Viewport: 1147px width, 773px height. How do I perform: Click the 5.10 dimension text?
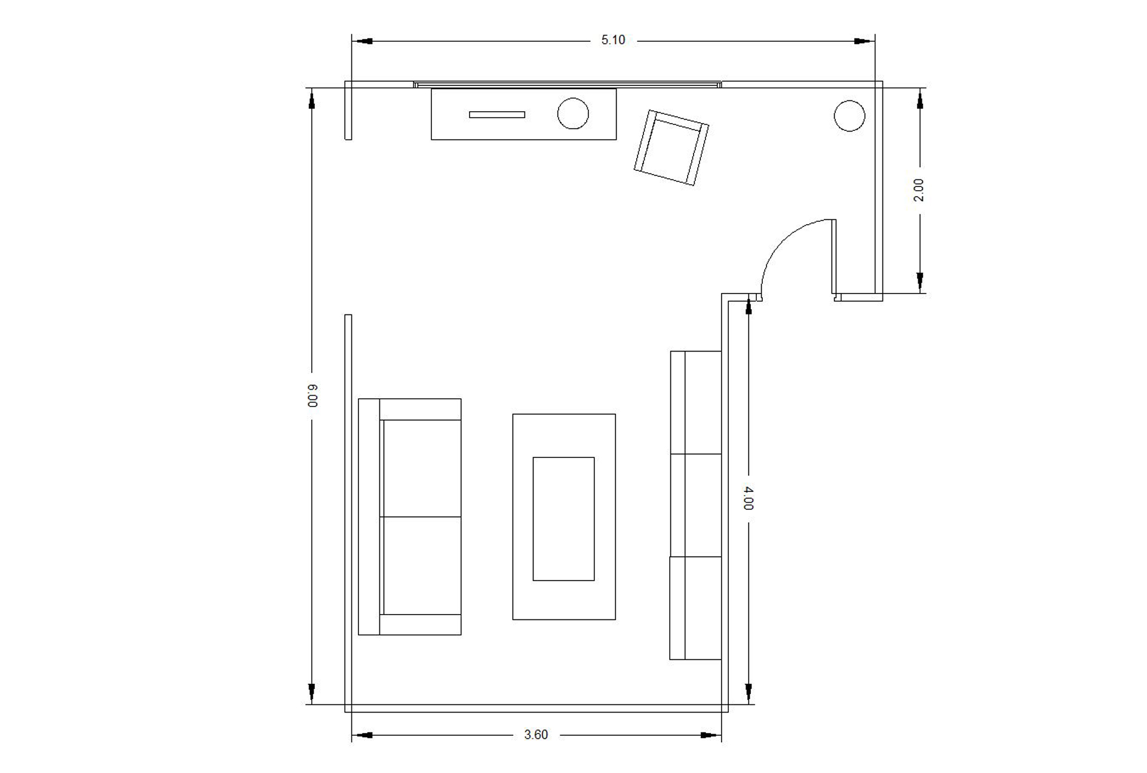tap(613, 40)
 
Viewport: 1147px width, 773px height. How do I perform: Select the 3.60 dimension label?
tap(536, 735)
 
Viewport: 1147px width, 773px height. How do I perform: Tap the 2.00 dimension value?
tap(919, 190)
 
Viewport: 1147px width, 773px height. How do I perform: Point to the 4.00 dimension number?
tap(748, 498)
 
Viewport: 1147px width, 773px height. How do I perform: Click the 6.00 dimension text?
tap(312, 396)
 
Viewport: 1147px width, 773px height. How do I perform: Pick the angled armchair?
tap(671, 148)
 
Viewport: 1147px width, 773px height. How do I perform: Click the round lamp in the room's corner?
tap(849, 115)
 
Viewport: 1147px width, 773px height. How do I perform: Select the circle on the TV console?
tap(573, 114)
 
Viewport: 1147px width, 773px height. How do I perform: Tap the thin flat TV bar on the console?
tap(497, 115)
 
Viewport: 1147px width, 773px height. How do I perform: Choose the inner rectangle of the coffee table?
tap(563, 519)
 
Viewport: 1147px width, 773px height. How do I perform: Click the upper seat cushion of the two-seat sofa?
tap(422, 468)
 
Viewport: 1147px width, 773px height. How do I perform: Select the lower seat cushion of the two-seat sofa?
tap(422, 566)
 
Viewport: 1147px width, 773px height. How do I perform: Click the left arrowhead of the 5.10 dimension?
tap(362, 41)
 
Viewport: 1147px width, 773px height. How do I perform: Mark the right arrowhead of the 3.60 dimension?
tap(711, 735)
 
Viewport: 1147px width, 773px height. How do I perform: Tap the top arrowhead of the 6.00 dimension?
tap(311, 99)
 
